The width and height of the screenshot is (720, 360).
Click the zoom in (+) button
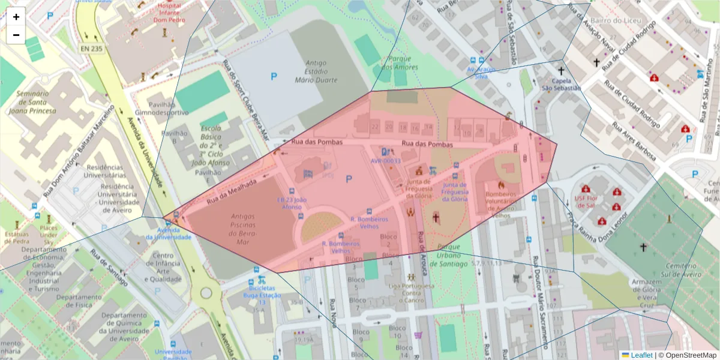pos(16,17)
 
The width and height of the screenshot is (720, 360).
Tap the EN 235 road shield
pos(92,49)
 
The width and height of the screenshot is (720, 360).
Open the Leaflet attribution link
pos(641,355)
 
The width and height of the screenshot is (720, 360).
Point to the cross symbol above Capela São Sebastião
pos(561,71)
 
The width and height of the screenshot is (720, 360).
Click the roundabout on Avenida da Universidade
pos(206,293)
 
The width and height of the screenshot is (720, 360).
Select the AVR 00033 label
pos(385,161)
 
